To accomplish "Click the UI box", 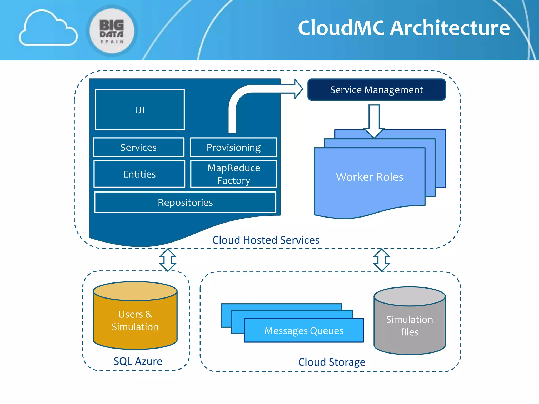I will pos(140,110).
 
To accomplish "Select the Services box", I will pos(138,147).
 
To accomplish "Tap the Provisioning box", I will pos(233,147).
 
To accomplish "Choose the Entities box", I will pos(139,174).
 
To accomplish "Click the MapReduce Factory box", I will pos(233,174).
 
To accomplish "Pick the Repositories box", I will pos(185,202).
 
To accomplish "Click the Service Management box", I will pos(376,90).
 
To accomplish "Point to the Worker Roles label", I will pos(370,177).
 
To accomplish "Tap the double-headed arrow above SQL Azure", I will pos(168,260).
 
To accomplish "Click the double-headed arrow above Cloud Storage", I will pos(382,260).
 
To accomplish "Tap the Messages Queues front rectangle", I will pos(304,331).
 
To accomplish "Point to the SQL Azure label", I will pos(138,361).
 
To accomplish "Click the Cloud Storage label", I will pos(332,362).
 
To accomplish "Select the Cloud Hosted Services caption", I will pos(266,240).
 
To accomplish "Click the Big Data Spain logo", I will pos(112,31).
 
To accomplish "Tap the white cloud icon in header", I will pos(48,29).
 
